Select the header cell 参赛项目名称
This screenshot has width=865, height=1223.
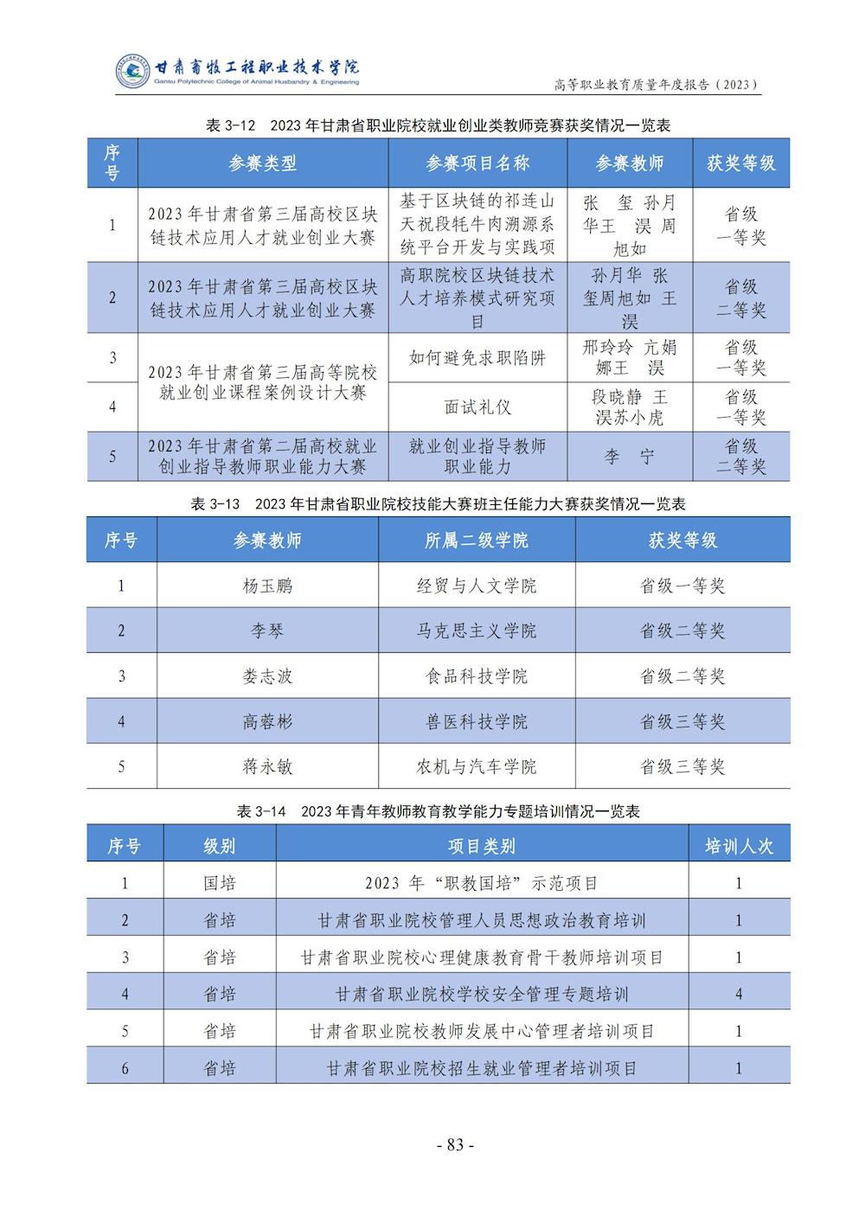pyautogui.click(x=477, y=163)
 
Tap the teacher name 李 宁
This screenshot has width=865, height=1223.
pyautogui.click(x=629, y=457)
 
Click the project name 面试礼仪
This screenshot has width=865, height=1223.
pyautogui.click(x=477, y=407)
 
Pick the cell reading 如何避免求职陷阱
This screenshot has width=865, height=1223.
pyautogui.click(x=477, y=357)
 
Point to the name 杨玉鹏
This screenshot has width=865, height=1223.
pyautogui.click(x=267, y=586)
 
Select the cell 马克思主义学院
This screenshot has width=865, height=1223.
pyautogui.click(x=477, y=631)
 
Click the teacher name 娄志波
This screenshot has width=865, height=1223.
pyautogui.click(x=267, y=676)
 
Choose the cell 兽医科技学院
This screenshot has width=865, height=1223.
pyautogui.click(x=477, y=721)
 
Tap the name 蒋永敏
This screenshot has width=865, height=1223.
pyautogui.click(x=267, y=766)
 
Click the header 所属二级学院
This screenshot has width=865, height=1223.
pyautogui.click(x=477, y=541)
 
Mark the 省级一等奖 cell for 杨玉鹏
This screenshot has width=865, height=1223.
pyautogui.click(x=682, y=586)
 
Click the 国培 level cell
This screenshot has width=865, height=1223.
pyautogui.click(x=220, y=883)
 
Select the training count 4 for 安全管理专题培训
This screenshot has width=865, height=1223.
pyautogui.click(x=739, y=994)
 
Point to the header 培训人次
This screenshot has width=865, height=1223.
pyautogui.click(x=739, y=846)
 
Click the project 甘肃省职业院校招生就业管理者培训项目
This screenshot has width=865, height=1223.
pyautogui.click(x=482, y=1068)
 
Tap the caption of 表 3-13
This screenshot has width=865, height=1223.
pyautogui.click(x=438, y=503)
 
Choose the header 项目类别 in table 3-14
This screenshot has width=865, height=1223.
pyautogui.click(x=482, y=846)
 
